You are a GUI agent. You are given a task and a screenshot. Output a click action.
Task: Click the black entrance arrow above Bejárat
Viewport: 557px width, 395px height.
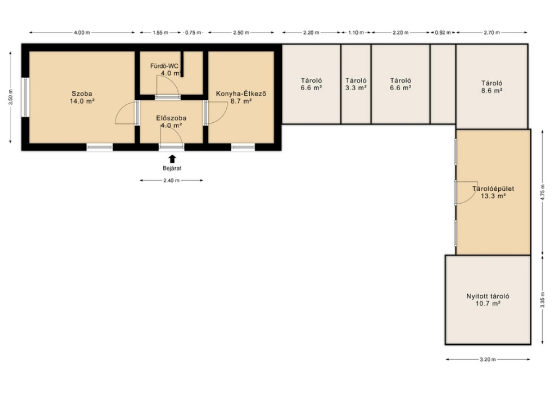pos(172,159)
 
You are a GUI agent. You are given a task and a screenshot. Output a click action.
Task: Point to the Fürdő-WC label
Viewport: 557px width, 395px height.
pos(164,66)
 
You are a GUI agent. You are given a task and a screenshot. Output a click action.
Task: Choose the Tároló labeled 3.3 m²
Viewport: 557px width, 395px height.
pos(356,84)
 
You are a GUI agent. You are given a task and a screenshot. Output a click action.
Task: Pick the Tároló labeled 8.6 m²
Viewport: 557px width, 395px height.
pos(492,87)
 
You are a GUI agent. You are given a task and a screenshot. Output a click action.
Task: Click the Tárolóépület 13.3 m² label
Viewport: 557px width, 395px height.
pos(493,192)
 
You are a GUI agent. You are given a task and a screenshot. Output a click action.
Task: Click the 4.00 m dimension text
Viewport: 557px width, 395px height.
pos(82,33)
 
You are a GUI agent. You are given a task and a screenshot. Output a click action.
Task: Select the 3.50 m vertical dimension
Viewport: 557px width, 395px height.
pos(11,97)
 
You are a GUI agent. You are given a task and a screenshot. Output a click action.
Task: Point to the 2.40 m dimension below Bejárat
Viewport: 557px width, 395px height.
pos(171,180)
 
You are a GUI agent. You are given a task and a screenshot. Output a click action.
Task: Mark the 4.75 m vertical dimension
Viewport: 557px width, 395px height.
pos(542,192)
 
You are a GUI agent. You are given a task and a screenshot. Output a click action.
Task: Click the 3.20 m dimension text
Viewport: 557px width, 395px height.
pos(488,360)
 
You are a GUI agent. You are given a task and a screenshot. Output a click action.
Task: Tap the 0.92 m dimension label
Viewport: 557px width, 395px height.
pos(443,33)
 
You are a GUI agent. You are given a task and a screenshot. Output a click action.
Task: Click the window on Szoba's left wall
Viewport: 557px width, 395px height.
pos(25,97)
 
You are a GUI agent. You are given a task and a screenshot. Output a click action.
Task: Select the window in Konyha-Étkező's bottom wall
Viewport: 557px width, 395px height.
pos(243,147)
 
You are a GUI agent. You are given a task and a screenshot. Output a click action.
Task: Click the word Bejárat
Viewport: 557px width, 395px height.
pos(172,168)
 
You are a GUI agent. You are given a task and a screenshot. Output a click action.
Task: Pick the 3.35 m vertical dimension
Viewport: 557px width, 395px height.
pos(542,300)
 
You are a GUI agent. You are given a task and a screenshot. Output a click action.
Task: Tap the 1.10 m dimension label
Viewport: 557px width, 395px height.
pos(356,33)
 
